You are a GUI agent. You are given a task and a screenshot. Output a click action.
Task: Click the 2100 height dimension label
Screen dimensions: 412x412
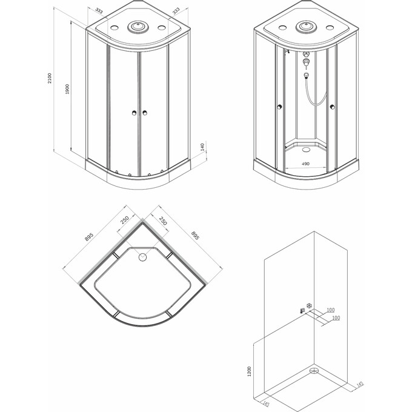(50, 78)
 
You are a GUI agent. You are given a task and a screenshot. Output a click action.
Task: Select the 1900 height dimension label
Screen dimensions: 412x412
(67, 89)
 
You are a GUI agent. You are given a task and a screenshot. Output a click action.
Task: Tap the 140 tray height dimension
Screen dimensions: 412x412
(202, 147)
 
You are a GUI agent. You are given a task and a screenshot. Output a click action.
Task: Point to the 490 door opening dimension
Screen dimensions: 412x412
(305, 164)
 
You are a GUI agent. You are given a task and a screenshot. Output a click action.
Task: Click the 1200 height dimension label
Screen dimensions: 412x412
(250, 371)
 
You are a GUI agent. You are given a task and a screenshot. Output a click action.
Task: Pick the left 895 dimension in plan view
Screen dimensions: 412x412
(89, 237)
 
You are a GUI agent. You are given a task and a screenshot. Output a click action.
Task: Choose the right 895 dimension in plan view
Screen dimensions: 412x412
(195, 236)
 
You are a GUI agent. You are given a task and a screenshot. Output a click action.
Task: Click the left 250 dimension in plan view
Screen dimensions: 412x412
(125, 220)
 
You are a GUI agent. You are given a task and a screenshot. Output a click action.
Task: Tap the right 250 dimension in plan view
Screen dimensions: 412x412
(163, 221)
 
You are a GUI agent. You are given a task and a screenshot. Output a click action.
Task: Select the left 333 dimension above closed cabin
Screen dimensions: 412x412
(99, 11)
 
